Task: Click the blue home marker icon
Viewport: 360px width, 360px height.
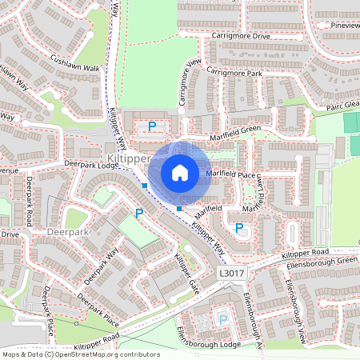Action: pos(180,173)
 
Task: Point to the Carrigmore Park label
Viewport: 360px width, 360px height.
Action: pos(234,72)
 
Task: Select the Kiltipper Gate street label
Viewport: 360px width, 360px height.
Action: pos(186,273)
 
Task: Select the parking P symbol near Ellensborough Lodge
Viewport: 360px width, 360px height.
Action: pos(223,318)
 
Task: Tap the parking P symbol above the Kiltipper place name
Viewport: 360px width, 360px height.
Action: pos(151,126)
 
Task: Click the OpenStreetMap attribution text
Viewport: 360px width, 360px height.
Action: pos(80,354)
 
